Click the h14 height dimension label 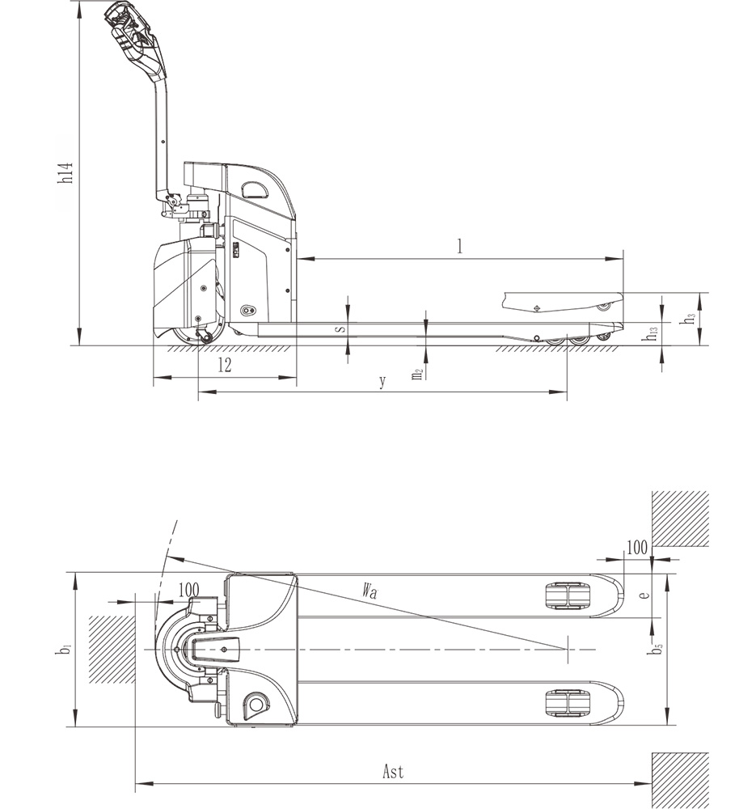[x=65, y=173]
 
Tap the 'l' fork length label [x=460, y=247]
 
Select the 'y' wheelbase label [x=382, y=382]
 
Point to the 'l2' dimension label [x=224, y=366]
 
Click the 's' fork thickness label [x=341, y=328]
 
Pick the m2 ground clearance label [x=418, y=373]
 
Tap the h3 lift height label [x=688, y=319]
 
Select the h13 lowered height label [x=652, y=332]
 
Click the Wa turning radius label [x=370, y=590]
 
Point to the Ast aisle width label [x=393, y=771]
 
